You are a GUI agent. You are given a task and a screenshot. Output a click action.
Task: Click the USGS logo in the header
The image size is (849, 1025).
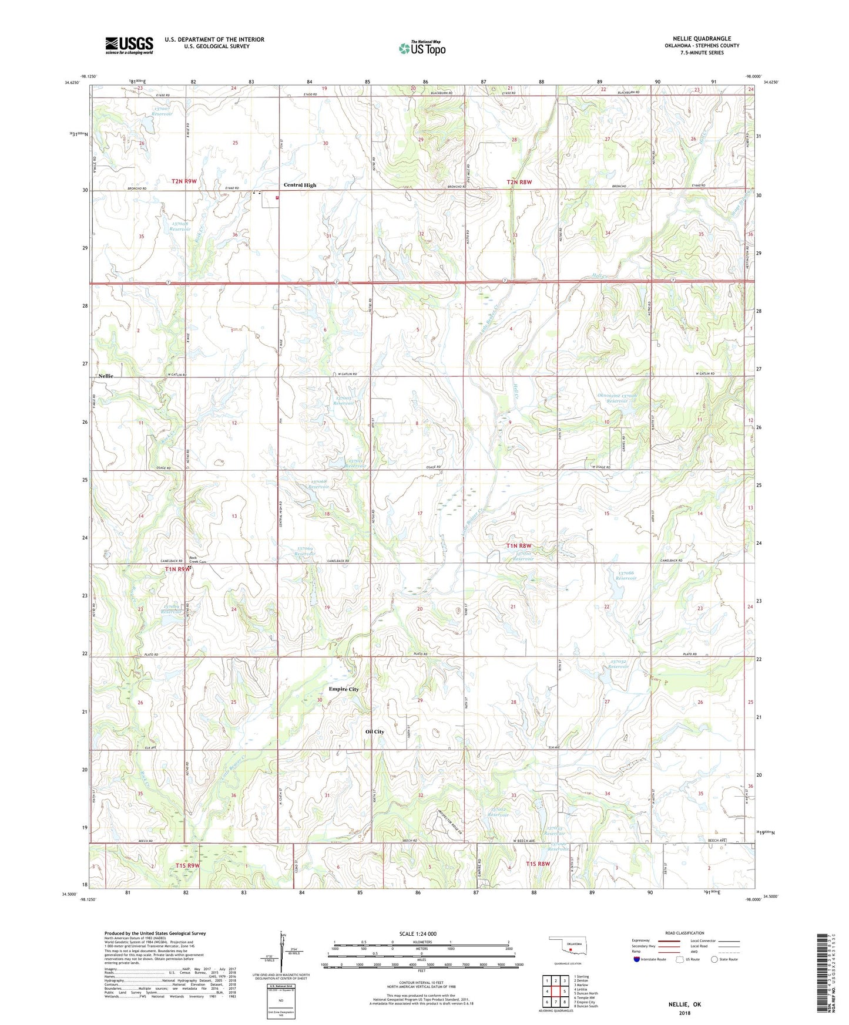tap(129, 45)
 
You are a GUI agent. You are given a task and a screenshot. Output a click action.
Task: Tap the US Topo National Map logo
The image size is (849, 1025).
tap(422, 48)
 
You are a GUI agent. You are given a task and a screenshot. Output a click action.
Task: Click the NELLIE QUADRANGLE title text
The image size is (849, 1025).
tap(702, 39)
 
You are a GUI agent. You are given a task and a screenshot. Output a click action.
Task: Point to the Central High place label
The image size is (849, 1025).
tap(300, 185)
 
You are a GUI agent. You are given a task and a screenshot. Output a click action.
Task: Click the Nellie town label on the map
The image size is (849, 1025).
tap(106, 376)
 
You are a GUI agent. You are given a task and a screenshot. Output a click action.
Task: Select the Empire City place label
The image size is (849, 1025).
tap(344, 689)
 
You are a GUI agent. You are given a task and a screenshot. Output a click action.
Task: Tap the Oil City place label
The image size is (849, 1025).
tap(374, 731)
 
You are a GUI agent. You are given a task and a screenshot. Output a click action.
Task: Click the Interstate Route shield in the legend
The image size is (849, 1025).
tap(637, 959)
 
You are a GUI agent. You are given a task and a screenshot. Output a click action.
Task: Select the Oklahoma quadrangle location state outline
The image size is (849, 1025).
tap(567, 947)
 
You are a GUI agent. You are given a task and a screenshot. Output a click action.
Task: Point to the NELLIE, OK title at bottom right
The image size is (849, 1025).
tap(684, 1004)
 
